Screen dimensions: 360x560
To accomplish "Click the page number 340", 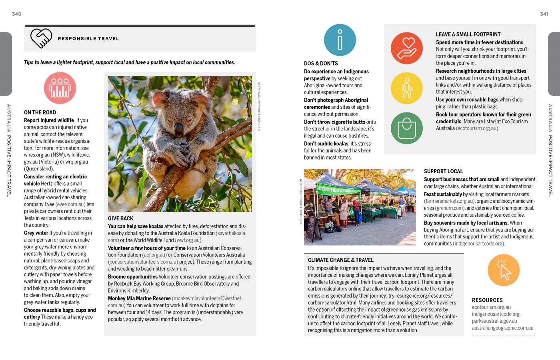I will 16,14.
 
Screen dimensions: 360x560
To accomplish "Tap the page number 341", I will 544,14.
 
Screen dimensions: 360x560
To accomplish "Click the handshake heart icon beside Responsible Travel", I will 41,38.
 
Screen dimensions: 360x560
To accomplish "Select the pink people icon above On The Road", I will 60,88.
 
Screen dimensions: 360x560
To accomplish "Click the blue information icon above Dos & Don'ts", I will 340,40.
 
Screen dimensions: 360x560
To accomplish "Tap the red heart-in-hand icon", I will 407,48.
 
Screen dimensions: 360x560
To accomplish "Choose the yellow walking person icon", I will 407,88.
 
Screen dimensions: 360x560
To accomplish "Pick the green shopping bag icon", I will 407,128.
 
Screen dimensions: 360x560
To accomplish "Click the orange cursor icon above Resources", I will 504,270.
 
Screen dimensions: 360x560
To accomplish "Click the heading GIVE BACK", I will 120,218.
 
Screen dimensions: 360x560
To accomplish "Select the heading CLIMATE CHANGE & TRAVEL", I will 341,260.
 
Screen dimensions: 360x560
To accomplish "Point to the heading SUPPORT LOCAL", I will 443,171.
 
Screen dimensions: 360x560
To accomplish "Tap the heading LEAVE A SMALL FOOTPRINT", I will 468,34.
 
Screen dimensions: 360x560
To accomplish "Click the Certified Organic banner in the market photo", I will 336,190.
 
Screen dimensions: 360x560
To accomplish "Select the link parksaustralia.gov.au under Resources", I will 494,321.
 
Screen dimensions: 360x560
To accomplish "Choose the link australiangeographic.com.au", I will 502,328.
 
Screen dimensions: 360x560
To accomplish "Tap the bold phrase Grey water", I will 36,233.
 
